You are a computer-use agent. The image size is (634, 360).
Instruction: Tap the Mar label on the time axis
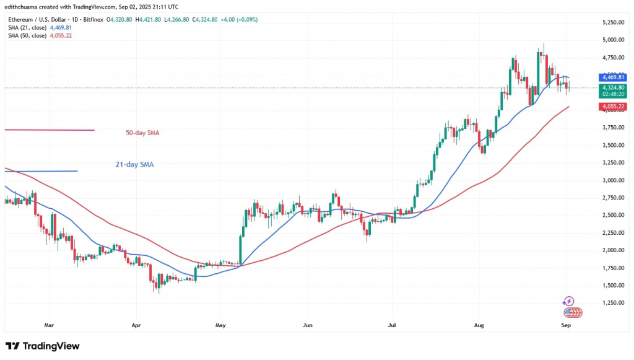tap(50, 323)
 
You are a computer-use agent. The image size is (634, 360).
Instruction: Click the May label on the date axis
tap(218, 323)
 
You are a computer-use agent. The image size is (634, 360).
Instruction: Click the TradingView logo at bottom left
tap(42, 346)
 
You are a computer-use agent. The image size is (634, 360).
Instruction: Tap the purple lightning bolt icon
tap(568, 301)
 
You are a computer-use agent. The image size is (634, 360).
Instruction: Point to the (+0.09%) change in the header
tap(246, 20)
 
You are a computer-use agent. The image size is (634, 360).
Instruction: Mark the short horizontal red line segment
tap(50, 130)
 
